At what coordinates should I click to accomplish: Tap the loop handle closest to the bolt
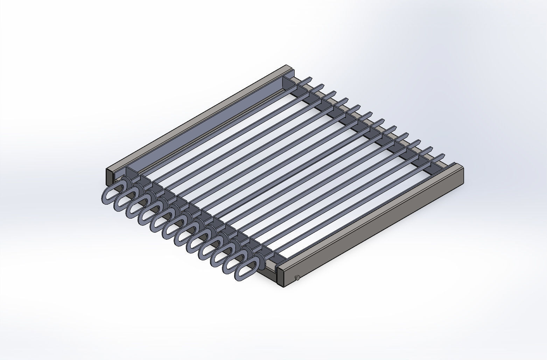[245, 269]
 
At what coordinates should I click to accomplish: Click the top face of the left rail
[196, 117]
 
